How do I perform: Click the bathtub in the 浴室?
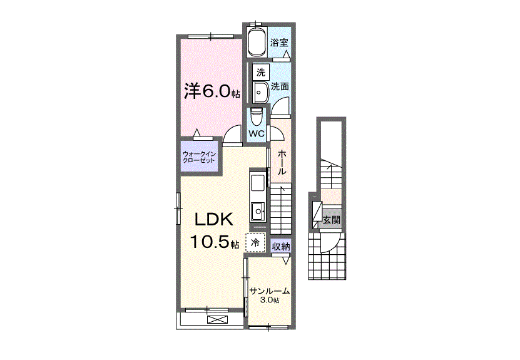257,42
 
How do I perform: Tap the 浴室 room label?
279,43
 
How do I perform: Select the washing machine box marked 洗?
261,72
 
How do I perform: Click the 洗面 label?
280,87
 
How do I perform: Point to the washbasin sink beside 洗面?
261,93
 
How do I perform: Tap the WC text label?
257,134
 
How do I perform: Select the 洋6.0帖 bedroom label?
212,91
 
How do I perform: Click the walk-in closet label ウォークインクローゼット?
199,157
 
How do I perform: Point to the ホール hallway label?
282,162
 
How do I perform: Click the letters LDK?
214,220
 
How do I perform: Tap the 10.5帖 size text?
214,242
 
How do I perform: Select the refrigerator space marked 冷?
255,242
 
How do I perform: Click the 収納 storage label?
281,247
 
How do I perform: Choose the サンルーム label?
270,291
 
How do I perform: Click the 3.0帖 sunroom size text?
269,301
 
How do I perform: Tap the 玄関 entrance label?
332,220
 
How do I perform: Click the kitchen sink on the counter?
258,211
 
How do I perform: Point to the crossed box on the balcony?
218,320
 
